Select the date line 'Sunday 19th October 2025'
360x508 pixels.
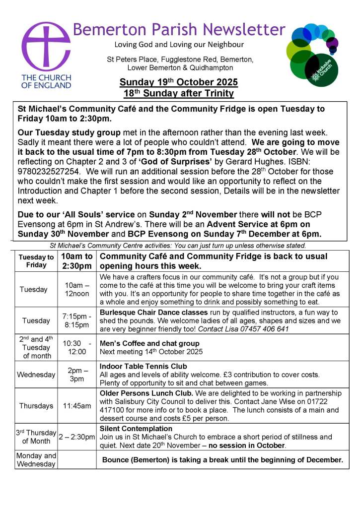click(x=179, y=82)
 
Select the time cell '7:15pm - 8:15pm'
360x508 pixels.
click(x=77, y=320)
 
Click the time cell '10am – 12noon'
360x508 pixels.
click(x=77, y=289)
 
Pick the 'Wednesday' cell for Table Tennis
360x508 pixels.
click(x=36, y=375)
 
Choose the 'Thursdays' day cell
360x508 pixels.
click(x=36, y=406)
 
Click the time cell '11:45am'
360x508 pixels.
click(x=77, y=406)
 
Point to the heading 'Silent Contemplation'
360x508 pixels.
click(x=136, y=429)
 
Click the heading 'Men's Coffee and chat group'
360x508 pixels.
click(x=149, y=343)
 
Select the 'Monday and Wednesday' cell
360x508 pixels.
click(x=36, y=460)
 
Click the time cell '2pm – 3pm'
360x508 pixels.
click(x=77, y=375)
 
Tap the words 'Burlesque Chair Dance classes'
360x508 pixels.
click(x=151, y=313)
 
